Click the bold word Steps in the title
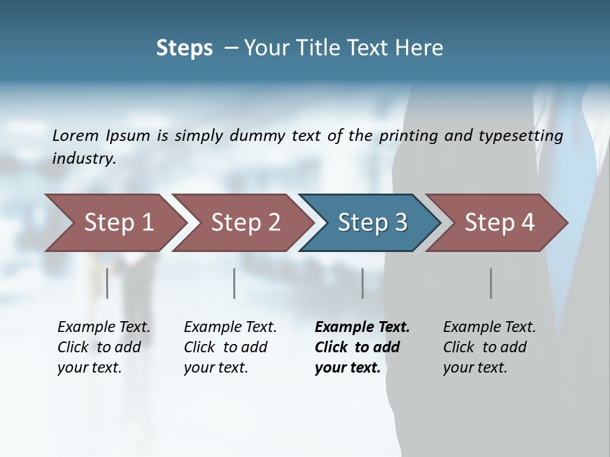click(x=184, y=48)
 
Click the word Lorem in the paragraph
click(x=76, y=135)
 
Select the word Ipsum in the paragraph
click(x=128, y=135)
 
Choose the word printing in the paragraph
click(x=407, y=135)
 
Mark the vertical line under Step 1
click(x=107, y=283)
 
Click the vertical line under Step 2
click(x=234, y=283)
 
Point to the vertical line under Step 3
click(x=363, y=283)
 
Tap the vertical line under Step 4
click(x=491, y=283)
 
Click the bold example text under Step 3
click(x=361, y=347)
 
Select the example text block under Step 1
click(x=103, y=347)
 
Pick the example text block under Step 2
click(x=229, y=347)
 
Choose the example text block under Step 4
click(x=489, y=347)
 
